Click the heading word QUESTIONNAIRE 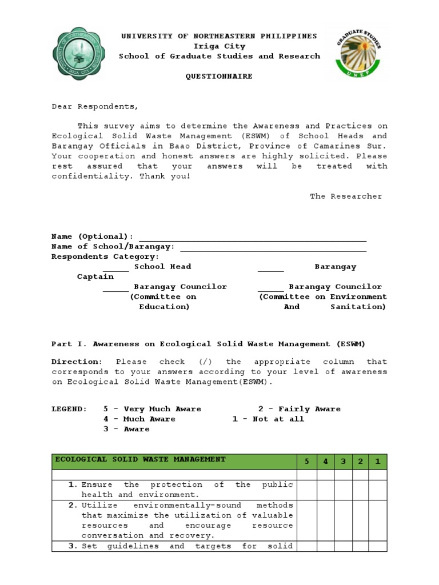coord(219,77)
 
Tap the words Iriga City coord(219,46)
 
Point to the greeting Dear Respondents coord(95,106)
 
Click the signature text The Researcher coord(346,196)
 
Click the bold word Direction coord(77,362)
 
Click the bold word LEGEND coord(69,409)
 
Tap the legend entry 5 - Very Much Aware coord(152,409)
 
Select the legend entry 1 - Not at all coord(268,419)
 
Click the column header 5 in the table coord(307,462)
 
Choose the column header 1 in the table coord(377,462)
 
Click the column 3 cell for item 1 coord(343,490)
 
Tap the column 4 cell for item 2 coord(325,520)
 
